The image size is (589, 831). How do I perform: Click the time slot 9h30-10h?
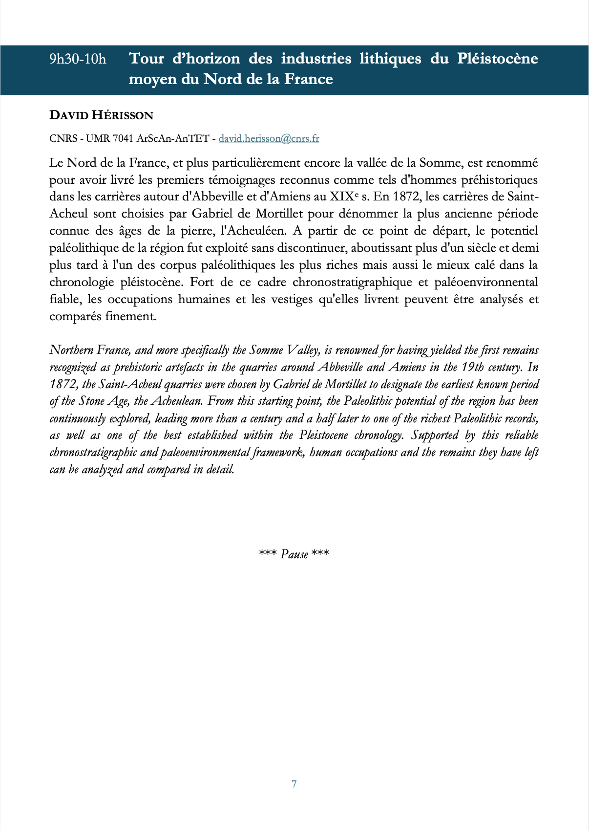(x=78, y=59)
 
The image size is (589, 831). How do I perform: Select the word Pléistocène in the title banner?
(x=497, y=59)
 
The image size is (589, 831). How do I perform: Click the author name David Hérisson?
(x=101, y=115)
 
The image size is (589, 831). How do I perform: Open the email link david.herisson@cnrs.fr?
(x=269, y=138)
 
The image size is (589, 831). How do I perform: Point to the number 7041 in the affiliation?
(x=123, y=138)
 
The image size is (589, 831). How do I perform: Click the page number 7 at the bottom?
(x=294, y=784)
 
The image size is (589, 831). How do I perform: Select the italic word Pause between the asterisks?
(x=294, y=554)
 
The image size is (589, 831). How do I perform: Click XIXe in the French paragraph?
(x=344, y=197)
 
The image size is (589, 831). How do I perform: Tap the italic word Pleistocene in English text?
(x=323, y=435)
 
